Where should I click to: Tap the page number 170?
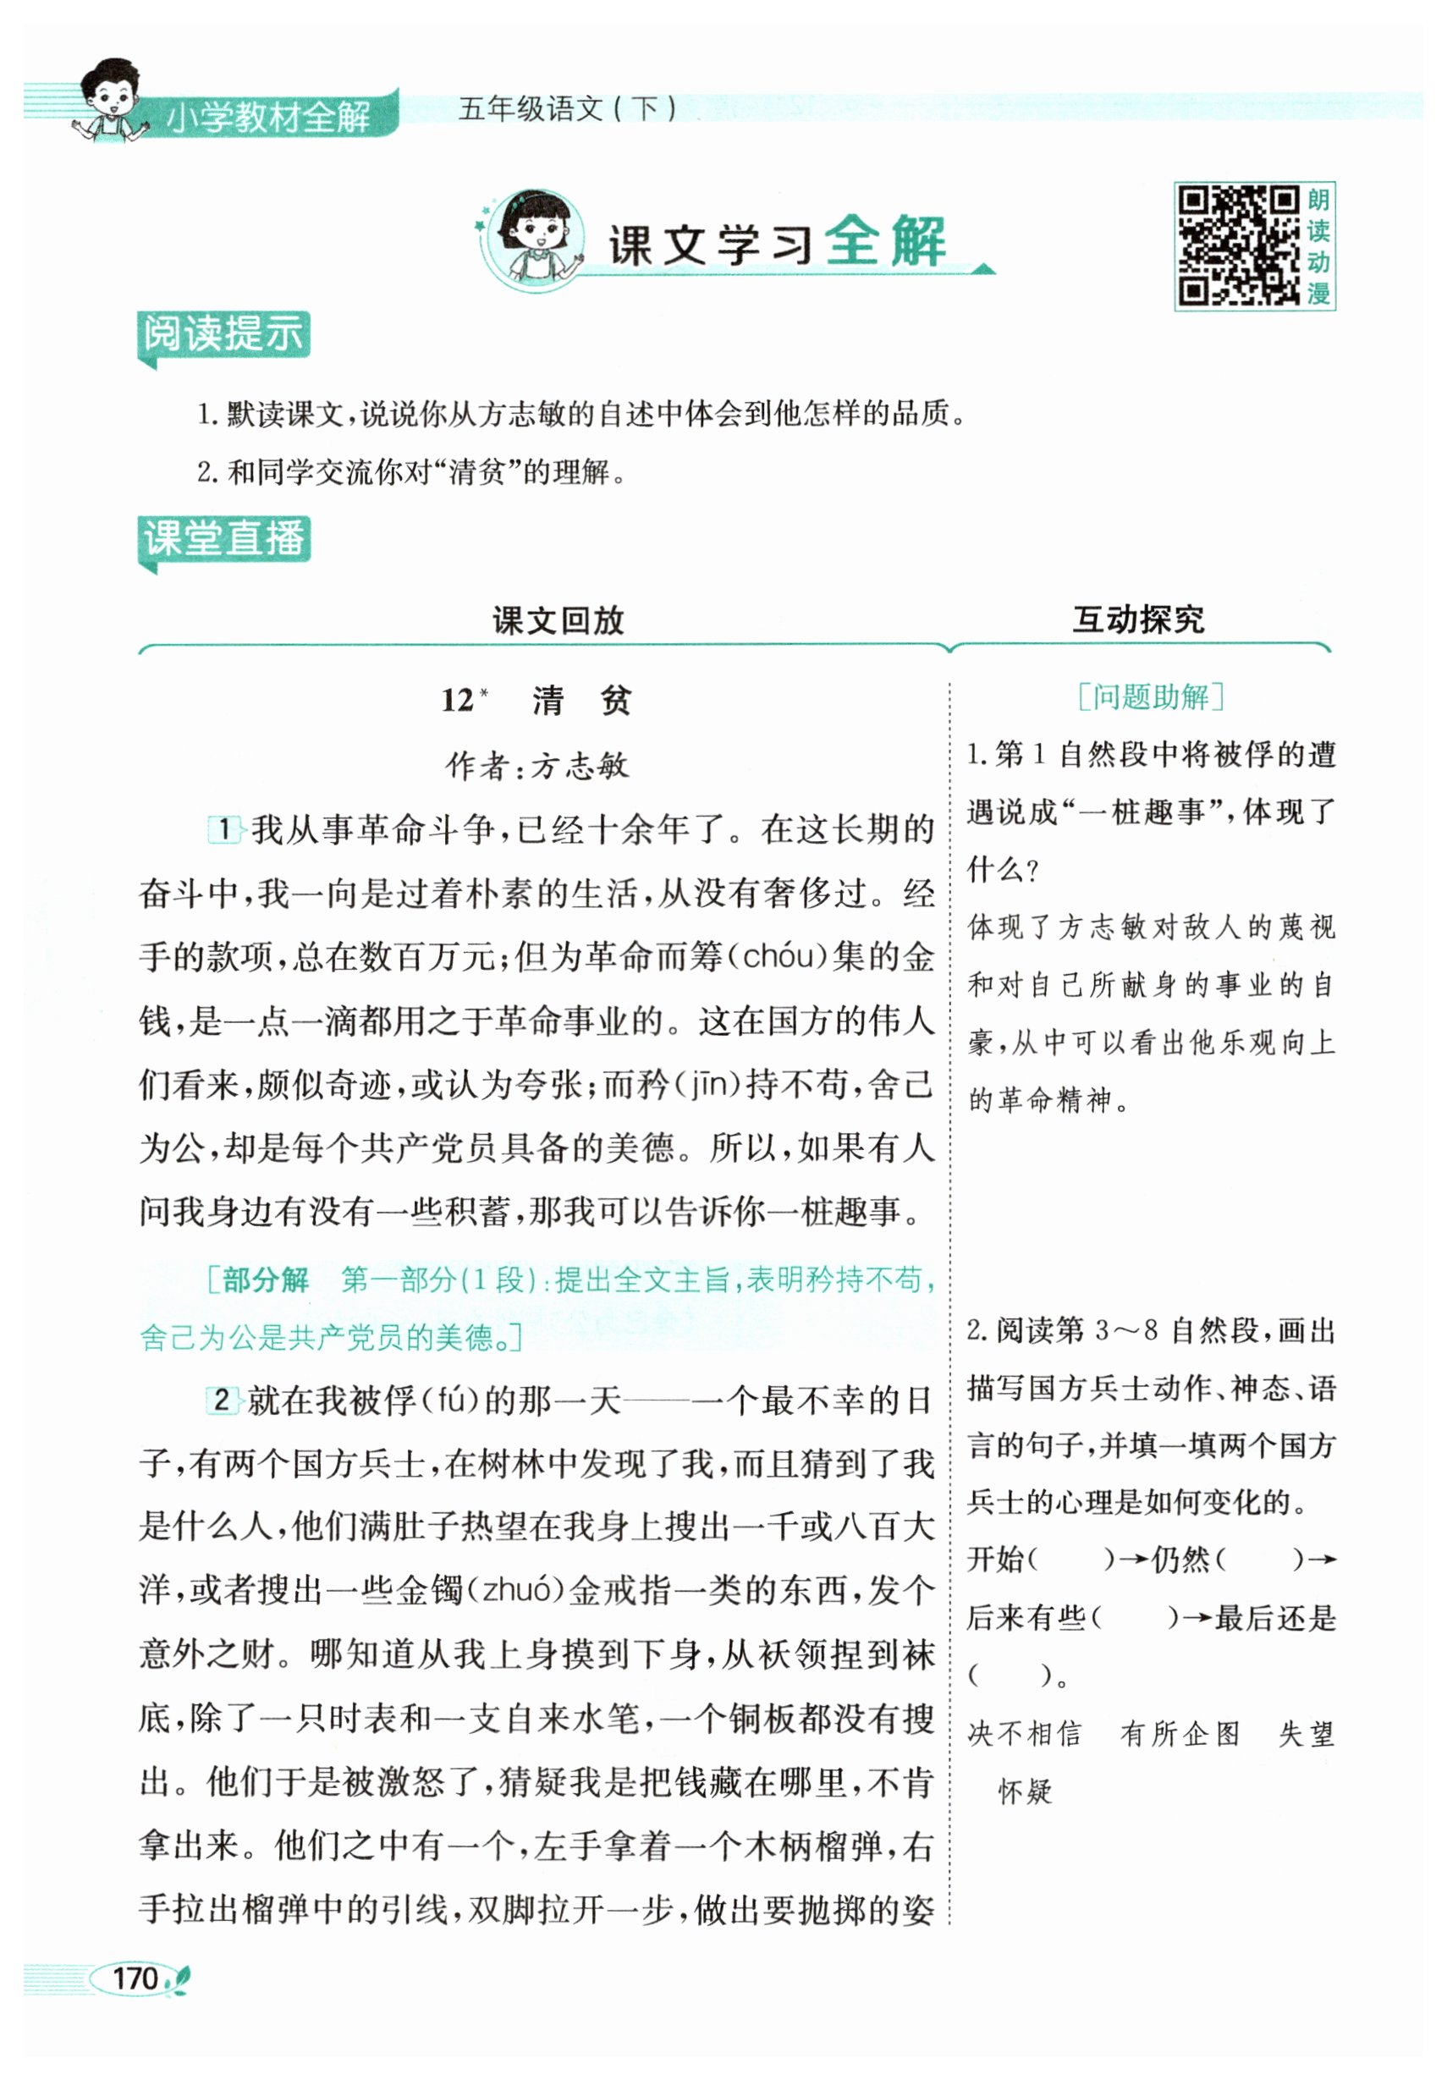pos(135,1978)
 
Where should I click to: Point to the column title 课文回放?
pos(558,620)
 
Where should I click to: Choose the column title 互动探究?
pos(1138,619)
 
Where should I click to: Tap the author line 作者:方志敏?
pos(537,767)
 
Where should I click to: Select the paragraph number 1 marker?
pos(223,829)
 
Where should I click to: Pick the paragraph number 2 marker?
pos(221,1400)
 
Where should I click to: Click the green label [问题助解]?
pos(1151,696)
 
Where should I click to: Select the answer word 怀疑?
pos(1025,1791)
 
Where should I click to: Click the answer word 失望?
pos(1307,1734)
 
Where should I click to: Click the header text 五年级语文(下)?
pos(567,108)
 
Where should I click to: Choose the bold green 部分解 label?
pos(266,1279)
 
